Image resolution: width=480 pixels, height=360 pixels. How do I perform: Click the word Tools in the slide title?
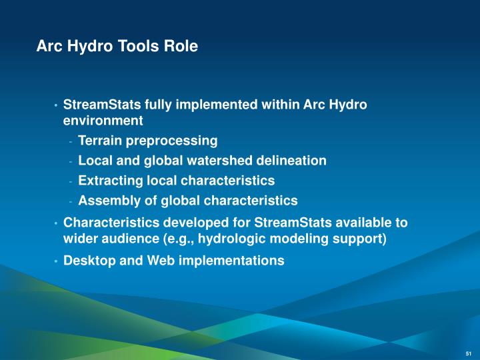(135, 47)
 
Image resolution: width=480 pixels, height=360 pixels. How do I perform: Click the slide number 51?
(468, 353)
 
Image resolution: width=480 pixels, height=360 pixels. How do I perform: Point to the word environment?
(103, 121)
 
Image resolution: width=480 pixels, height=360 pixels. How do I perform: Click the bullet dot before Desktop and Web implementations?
(56, 261)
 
